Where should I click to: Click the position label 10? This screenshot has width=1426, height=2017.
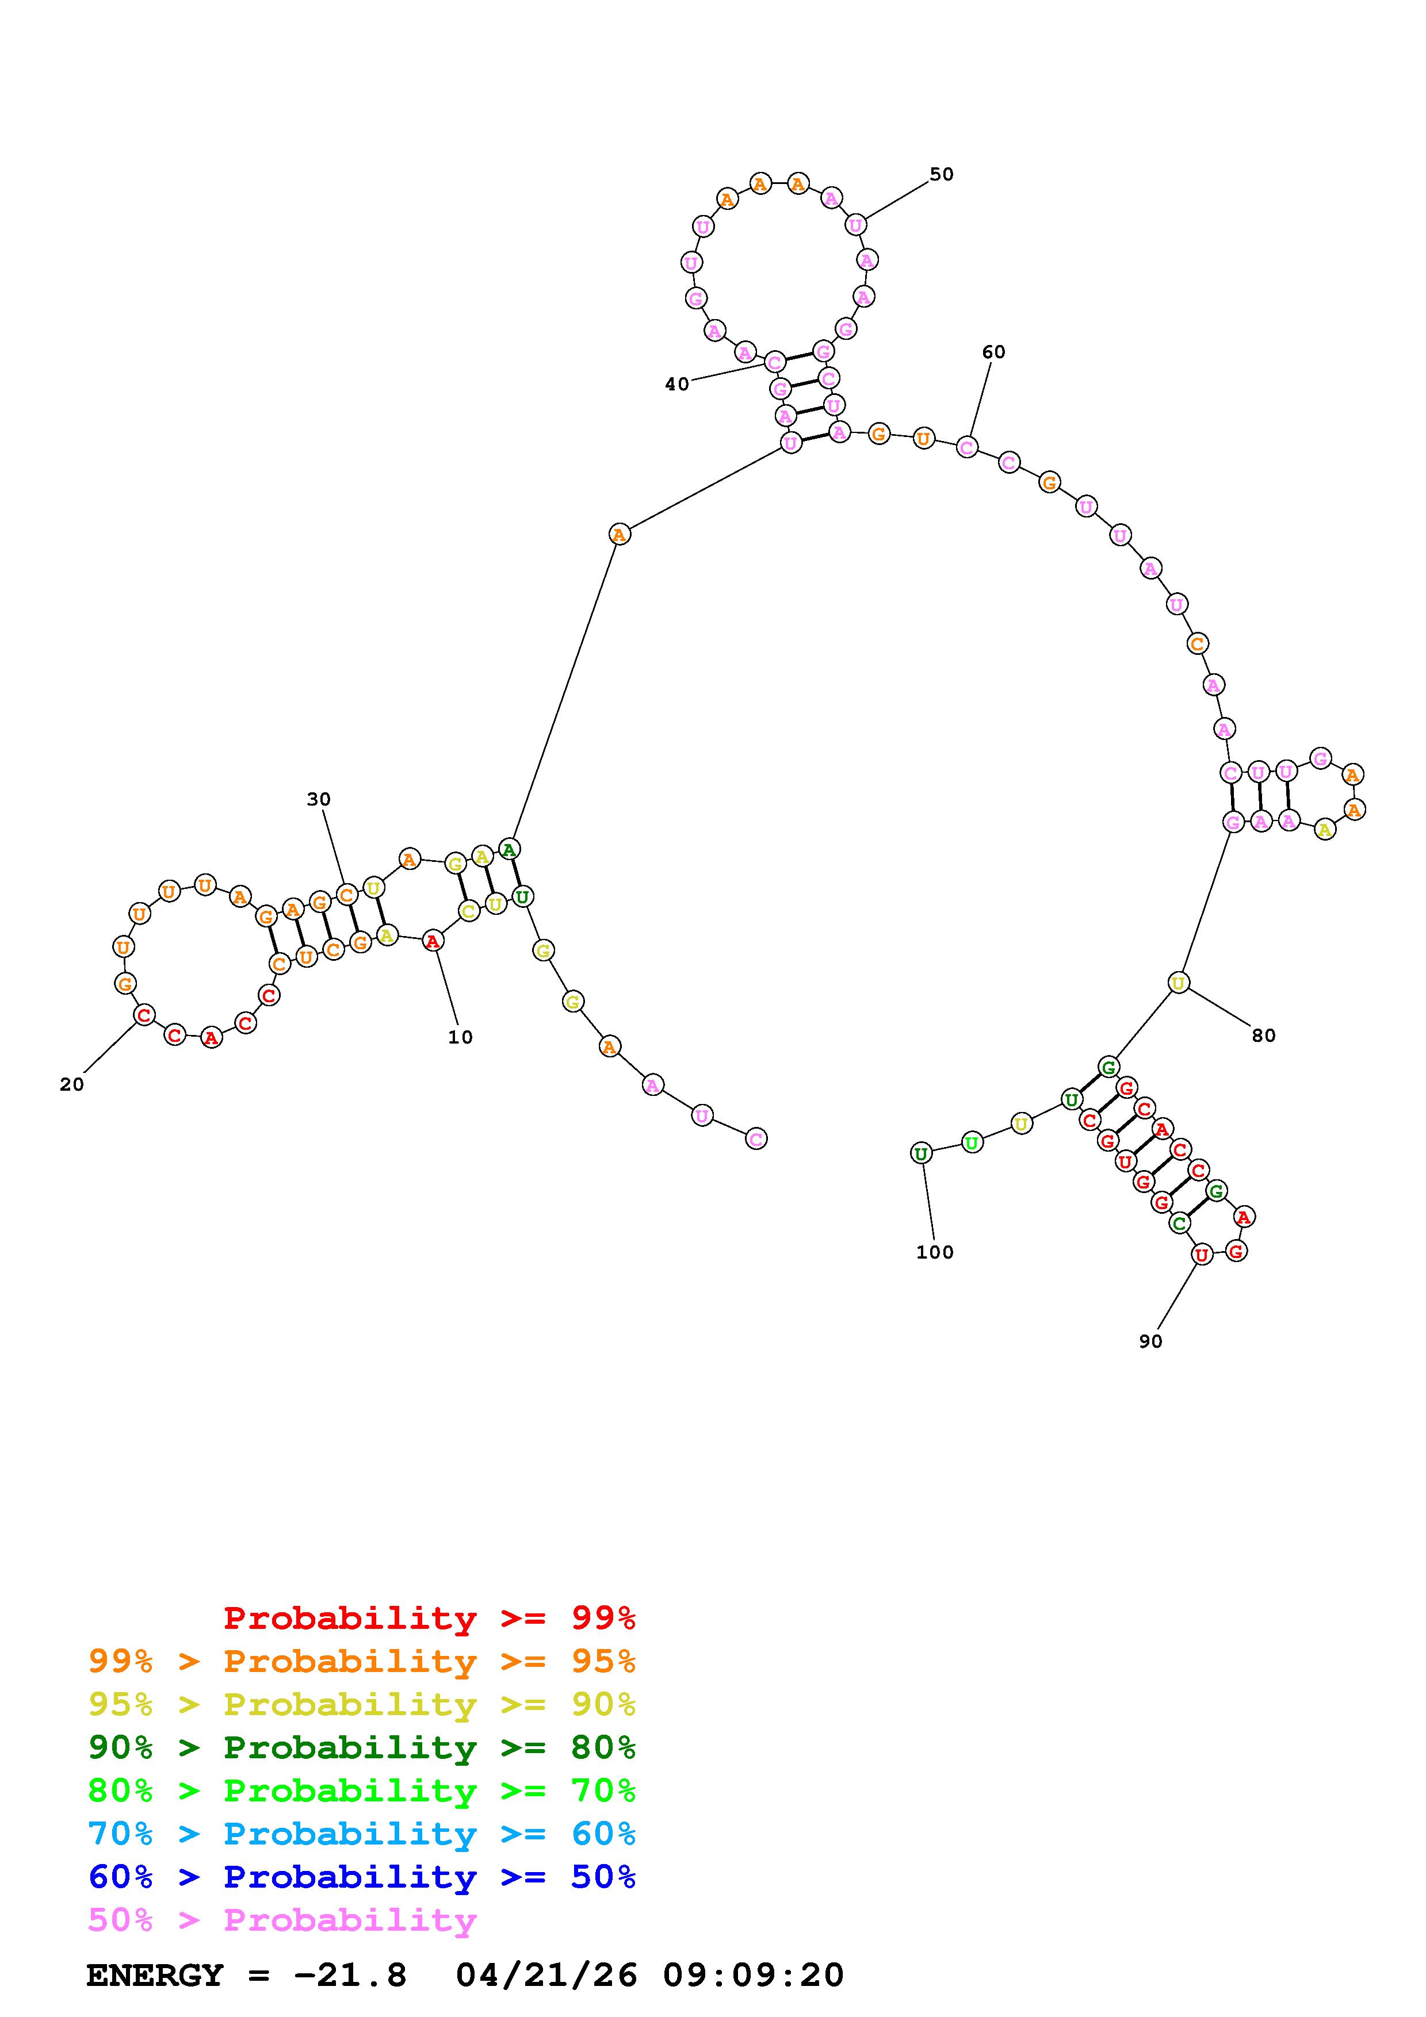[460, 1037]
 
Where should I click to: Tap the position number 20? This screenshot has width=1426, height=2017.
[72, 1085]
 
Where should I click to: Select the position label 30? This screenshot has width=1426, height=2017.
[319, 799]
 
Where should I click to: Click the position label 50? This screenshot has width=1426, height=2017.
[941, 174]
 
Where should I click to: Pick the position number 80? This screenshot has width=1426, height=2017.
[1263, 1036]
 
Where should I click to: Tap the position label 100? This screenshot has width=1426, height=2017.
[935, 1253]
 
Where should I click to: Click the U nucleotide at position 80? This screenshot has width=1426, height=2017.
[1178, 983]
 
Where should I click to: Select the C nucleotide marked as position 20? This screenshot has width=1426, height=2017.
[144, 1015]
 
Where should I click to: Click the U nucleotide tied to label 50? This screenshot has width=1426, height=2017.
[855, 225]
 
